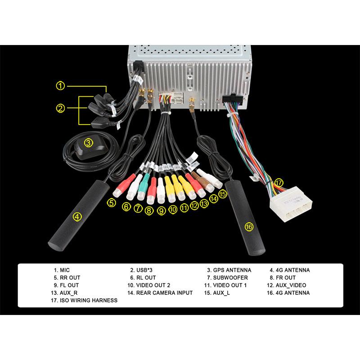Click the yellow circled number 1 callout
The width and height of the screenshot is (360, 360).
click(60, 86)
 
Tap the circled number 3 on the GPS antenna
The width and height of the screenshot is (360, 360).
click(88, 143)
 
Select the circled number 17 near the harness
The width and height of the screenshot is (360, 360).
click(279, 183)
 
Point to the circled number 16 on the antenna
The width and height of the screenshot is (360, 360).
click(249, 227)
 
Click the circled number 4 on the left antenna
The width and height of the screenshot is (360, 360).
click(77, 217)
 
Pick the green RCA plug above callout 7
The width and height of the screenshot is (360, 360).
click(143, 188)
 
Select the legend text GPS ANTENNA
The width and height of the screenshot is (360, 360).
click(232, 270)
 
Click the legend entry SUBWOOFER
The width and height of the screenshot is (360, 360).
click(230, 278)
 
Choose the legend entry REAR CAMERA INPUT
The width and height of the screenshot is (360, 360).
click(164, 293)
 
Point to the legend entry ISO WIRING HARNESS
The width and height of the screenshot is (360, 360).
click(88, 300)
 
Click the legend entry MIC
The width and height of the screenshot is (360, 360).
click(64, 270)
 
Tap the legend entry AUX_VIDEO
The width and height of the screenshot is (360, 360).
click(291, 285)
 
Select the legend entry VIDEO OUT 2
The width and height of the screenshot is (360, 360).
click(153, 285)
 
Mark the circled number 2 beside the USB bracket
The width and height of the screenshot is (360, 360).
click(60, 108)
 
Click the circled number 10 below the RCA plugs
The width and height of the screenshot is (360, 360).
click(173, 209)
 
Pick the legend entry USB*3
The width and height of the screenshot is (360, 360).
click(144, 270)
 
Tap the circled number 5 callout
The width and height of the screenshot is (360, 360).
click(112, 203)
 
